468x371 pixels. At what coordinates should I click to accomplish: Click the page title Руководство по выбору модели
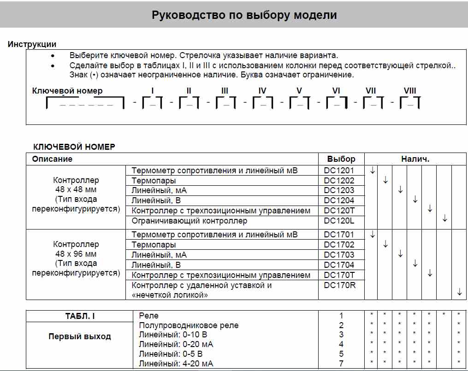click(x=244, y=15)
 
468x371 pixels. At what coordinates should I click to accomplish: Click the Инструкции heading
click(x=32, y=44)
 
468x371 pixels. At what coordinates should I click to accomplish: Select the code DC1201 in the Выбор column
click(x=339, y=171)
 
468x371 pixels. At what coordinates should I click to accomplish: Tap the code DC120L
click(x=339, y=221)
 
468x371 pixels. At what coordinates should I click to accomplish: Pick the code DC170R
click(x=340, y=285)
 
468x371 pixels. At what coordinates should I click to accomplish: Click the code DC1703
click(x=339, y=255)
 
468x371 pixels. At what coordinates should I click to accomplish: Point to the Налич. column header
click(x=415, y=159)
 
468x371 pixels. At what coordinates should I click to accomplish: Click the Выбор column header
click(x=341, y=159)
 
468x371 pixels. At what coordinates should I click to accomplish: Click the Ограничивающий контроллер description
click(x=190, y=221)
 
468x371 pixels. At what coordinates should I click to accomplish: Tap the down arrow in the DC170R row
click(x=459, y=291)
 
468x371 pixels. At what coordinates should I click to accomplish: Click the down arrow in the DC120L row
click(x=444, y=218)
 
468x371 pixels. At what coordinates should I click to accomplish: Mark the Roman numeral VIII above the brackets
click(x=410, y=91)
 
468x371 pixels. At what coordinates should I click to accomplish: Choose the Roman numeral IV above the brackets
click(x=262, y=91)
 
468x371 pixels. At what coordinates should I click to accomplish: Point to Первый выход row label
click(x=80, y=336)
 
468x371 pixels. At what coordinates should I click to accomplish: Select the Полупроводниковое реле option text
click(x=189, y=325)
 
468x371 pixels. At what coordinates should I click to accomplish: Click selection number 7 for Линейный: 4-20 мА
click(x=341, y=364)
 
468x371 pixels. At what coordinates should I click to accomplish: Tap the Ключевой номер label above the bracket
click(x=67, y=91)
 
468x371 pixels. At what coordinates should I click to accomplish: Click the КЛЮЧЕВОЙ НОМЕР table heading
click(x=74, y=147)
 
